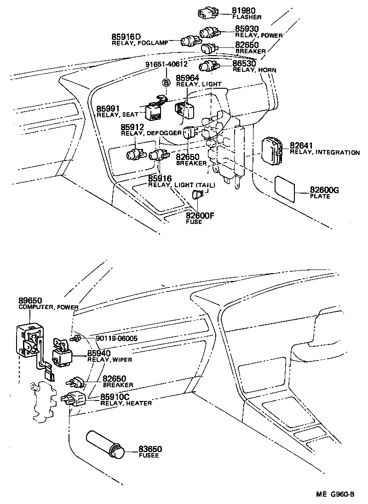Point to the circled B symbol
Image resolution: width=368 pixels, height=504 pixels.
point(166,82)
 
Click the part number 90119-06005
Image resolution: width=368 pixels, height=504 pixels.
point(117,339)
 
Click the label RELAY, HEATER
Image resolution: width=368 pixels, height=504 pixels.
point(126,403)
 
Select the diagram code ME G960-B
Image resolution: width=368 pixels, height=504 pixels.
point(335,495)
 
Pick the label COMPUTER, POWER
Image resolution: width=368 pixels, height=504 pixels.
point(48,307)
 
